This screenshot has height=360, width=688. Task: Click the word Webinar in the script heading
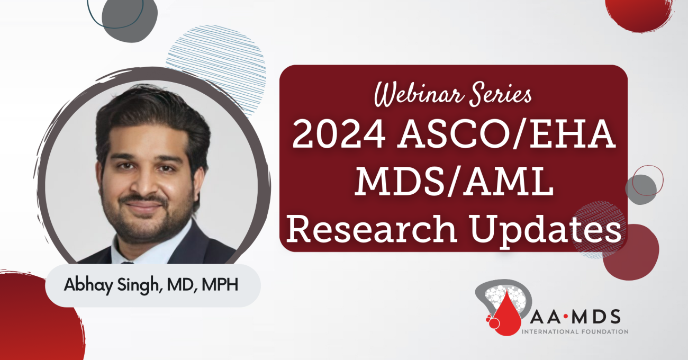point(419,94)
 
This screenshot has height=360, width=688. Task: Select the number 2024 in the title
point(339,134)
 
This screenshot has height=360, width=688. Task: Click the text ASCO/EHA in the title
point(506,134)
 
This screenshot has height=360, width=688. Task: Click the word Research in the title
point(372,229)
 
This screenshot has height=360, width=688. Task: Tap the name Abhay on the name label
point(88,285)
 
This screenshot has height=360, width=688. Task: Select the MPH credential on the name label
point(220,285)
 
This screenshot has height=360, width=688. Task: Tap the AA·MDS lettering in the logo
point(575,317)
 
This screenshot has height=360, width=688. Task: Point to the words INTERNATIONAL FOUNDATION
point(575,332)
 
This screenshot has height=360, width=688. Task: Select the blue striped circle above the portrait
point(216,68)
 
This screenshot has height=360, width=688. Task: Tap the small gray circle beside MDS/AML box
point(641,190)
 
